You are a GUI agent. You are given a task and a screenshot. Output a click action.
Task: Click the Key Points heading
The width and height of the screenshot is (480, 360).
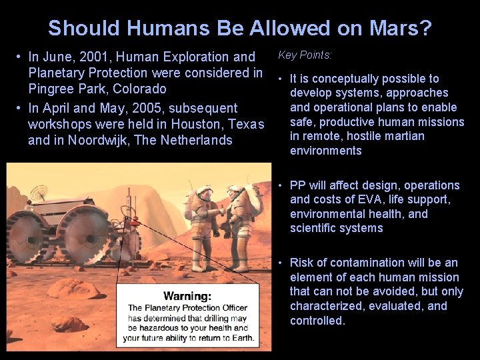[x=305, y=55]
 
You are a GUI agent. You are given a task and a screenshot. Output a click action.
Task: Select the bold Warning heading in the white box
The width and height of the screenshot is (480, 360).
[x=187, y=295]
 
